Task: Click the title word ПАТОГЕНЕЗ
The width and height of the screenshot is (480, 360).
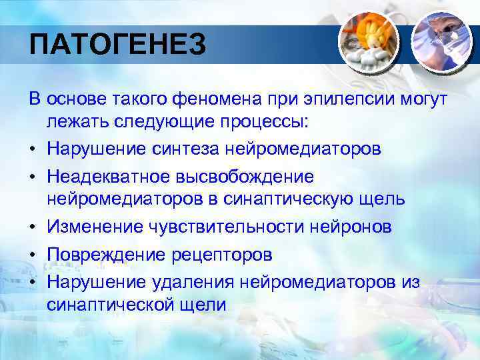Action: [x=118, y=46]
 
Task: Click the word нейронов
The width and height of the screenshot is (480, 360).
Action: [x=350, y=227]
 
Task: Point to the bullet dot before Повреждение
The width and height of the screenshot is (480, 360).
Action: [x=33, y=255]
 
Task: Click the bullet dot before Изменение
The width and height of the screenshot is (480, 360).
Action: [x=33, y=227]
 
